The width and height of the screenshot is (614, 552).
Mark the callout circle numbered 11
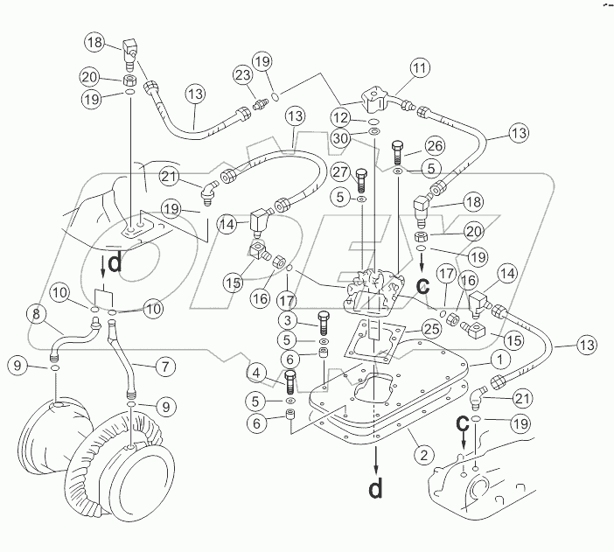(420, 67)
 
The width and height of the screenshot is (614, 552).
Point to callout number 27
(341, 173)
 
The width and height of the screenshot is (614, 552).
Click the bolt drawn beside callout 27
(361, 179)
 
